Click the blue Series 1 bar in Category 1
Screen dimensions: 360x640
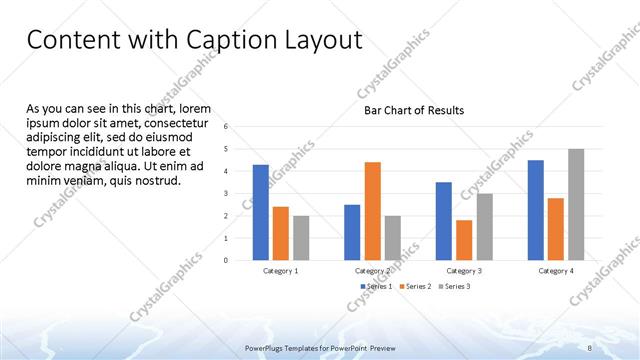tap(260, 212)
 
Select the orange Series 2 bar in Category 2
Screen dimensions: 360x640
tap(372, 211)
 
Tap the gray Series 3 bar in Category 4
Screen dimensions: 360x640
tap(576, 205)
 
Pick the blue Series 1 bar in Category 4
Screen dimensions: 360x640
tap(535, 210)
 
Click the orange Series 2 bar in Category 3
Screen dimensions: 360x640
tap(464, 240)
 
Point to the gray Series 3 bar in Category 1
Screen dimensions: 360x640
tap(301, 238)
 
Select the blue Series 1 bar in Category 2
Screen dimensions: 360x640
tap(352, 232)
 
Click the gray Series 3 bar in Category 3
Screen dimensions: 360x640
tap(484, 227)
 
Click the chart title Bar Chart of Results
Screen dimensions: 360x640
tap(413, 111)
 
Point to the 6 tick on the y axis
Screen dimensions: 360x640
tap(227, 127)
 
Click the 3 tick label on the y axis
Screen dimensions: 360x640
tap(227, 193)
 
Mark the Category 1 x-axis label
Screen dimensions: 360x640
tap(280, 271)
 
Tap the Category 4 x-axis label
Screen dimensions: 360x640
tap(556, 271)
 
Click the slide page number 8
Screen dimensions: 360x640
tap(590, 347)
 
